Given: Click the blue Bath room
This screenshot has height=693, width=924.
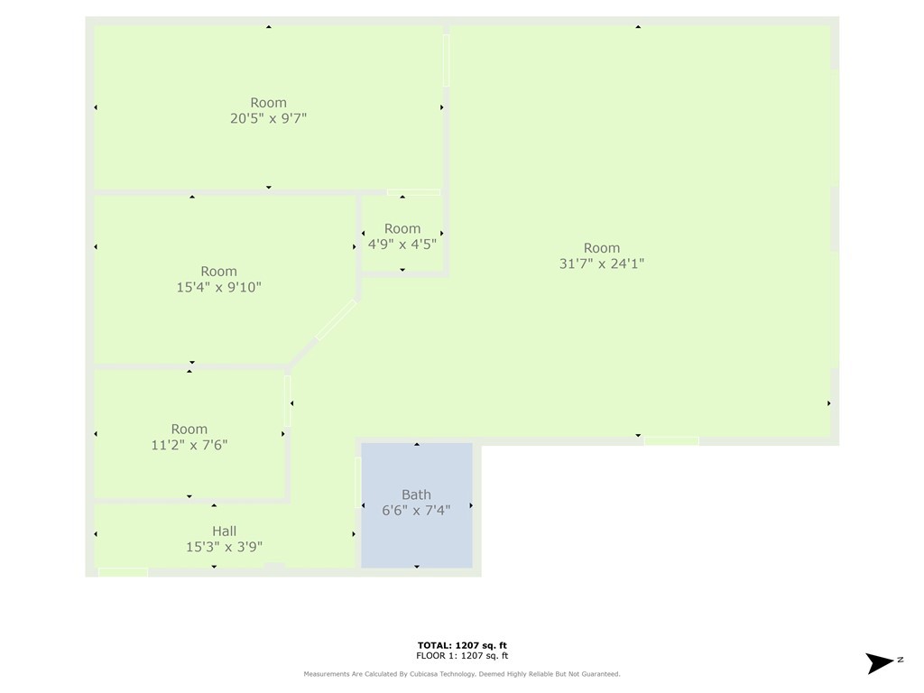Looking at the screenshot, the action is point(417,505).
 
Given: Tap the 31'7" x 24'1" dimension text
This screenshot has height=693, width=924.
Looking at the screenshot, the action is point(602,263).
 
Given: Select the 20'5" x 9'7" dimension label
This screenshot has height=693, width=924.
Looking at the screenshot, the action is point(268,118).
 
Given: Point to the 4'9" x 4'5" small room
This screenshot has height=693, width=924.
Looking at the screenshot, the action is point(402,235).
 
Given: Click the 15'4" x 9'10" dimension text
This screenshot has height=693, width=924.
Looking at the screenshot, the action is point(218,287).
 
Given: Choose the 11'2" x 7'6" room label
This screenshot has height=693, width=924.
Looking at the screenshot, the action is point(189,445).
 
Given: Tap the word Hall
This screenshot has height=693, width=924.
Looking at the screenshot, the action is point(225,531).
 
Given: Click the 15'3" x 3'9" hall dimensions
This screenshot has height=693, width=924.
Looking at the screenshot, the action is point(225,547).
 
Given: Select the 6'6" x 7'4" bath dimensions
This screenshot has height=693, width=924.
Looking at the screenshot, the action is point(416,511).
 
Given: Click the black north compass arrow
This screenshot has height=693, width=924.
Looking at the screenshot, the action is point(880,663).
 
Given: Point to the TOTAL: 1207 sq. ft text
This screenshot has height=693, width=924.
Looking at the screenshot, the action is point(462,645).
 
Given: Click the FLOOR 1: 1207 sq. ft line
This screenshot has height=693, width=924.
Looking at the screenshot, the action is point(462,655).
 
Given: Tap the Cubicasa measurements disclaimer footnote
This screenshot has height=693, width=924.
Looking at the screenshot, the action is point(462,673).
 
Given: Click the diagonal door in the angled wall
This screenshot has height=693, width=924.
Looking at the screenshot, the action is point(336,320).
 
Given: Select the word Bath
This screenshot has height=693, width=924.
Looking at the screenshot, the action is point(416,494).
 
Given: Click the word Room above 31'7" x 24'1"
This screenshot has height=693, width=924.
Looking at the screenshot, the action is point(602,247).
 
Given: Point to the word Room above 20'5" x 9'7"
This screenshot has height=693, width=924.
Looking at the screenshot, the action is point(268,103).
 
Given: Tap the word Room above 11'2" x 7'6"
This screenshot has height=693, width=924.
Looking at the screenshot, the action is point(189,429).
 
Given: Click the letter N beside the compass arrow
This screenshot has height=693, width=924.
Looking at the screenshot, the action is point(901,660).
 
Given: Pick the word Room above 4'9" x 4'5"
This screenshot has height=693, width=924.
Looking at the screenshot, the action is point(402,228).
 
